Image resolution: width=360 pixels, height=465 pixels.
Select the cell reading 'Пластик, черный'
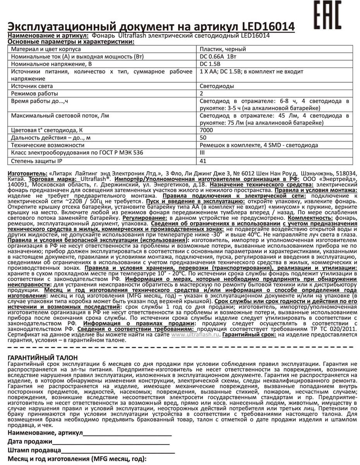pyautogui.click(x=223, y=50)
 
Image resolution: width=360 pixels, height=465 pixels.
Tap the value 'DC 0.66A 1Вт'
pyautogui.click(x=220, y=57)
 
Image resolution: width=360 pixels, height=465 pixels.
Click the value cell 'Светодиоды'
pyautogui.click(x=217, y=86)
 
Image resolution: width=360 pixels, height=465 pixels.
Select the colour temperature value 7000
pyautogui.click(x=206, y=130)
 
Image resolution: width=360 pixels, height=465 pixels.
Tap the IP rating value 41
pyautogui.click(x=203, y=160)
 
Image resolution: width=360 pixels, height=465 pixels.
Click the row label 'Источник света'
pyautogui.click(x=32, y=86)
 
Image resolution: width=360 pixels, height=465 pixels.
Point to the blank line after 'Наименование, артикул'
pyautogui.click(x=127, y=433)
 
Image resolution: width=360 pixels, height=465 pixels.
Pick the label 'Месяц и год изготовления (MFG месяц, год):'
pyautogui.click(x=77, y=460)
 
